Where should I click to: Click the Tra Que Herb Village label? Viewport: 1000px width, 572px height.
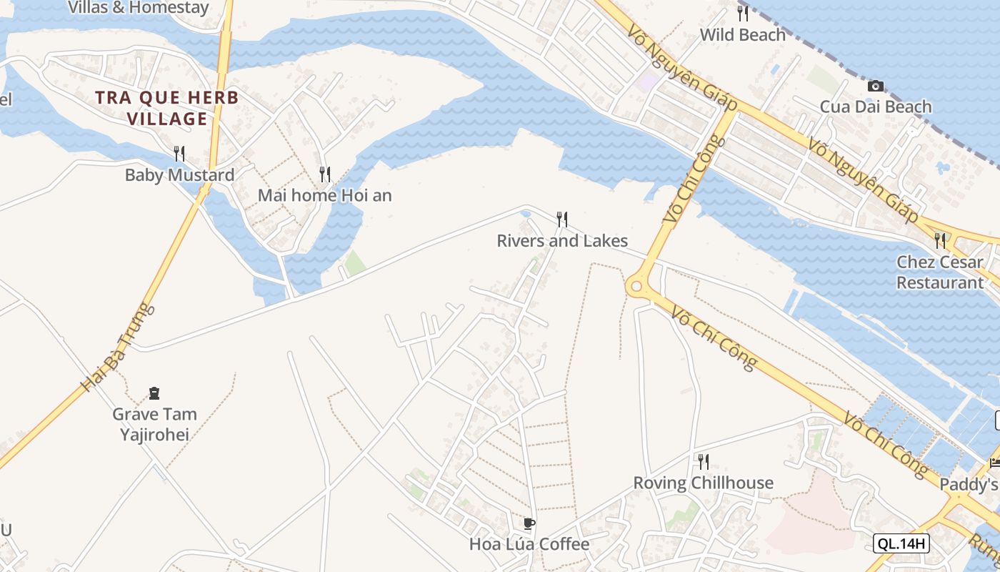(167, 108)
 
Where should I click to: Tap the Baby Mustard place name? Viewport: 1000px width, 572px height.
(179, 175)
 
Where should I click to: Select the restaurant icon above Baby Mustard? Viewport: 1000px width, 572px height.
(179, 153)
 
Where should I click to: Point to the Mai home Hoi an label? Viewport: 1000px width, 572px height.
(324, 195)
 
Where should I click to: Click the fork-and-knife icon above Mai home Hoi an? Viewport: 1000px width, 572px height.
(325, 174)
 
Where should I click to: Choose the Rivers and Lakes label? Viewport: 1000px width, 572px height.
(562, 241)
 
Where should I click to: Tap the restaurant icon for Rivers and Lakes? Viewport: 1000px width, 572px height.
(562, 219)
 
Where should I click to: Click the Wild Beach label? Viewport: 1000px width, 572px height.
(742, 35)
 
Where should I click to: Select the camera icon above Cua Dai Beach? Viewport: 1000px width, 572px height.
(875, 86)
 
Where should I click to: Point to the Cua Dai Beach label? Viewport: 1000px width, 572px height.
(875, 107)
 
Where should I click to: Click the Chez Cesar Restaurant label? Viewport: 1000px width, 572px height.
(939, 272)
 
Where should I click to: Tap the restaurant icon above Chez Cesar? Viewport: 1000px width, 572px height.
(940, 240)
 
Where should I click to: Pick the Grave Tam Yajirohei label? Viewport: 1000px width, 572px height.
(154, 424)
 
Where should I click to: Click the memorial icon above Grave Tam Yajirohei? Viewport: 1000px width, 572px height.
(154, 393)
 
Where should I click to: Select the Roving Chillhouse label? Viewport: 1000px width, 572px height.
(703, 483)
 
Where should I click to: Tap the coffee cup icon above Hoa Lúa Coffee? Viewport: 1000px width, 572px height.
(529, 523)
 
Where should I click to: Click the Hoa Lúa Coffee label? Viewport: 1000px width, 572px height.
(529, 545)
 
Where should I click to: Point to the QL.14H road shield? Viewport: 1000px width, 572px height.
(901, 543)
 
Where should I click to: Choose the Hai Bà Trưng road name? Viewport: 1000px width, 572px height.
(118, 347)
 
